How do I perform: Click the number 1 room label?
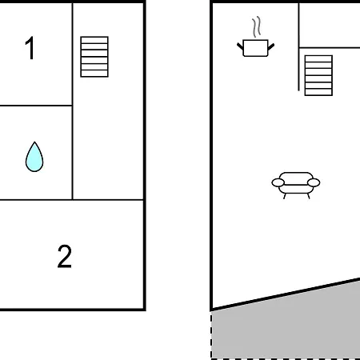click(x=30, y=48)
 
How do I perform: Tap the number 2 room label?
click(x=65, y=256)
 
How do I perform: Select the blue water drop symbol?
click(x=34, y=157)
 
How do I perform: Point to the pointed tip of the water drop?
click(x=34, y=142)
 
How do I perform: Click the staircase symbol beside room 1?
click(x=94, y=57)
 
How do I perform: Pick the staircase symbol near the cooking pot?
click(x=318, y=75)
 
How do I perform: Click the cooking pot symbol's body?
click(x=255, y=48)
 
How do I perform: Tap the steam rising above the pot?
click(x=256, y=26)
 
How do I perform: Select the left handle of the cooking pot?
click(x=240, y=46)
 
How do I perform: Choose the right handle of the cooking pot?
click(x=271, y=47)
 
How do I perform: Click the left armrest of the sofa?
click(x=278, y=182)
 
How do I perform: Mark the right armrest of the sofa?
click(x=314, y=182)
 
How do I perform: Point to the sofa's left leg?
click(x=285, y=196)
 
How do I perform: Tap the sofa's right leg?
click(x=309, y=196)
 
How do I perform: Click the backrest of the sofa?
click(x=296, y=178)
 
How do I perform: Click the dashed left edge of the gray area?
click(x=211, y=334)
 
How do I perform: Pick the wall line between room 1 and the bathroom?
click(x=36, y=106)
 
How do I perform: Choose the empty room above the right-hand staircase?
click(x=330, y=26)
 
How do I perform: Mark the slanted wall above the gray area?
click(x=286, y=294)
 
